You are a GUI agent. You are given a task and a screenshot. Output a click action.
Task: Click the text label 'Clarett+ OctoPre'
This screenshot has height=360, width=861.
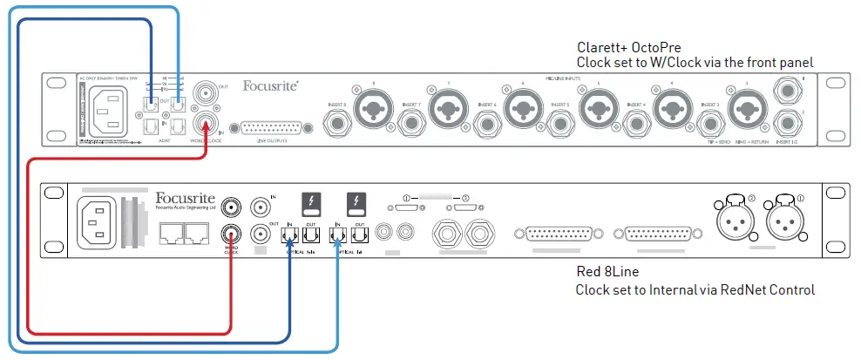(629, 47)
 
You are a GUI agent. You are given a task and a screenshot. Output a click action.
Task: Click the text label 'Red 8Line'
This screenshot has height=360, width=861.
(607, 272)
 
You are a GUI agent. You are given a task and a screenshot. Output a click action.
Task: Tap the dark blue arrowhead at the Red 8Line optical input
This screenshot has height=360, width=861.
(289, 248)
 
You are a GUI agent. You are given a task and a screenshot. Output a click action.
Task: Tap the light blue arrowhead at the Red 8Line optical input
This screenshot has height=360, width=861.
(337, 248)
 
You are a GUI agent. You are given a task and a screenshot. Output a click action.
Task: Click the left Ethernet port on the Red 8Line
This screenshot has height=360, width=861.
(170, 231)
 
